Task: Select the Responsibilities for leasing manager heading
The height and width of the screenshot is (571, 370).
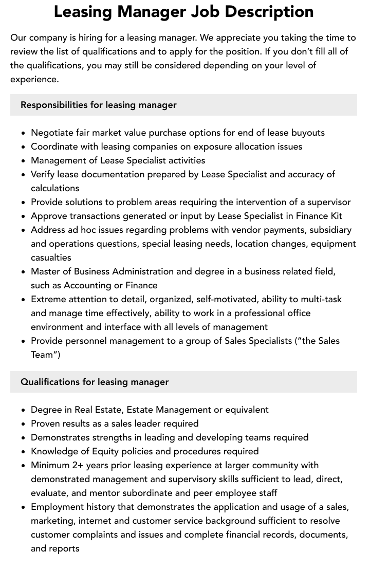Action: click(98, 105)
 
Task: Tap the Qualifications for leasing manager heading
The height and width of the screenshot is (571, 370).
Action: click(95, 382)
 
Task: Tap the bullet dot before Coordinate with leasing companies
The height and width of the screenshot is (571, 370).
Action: click(24, 147)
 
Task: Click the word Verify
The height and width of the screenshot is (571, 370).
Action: click(43, 174)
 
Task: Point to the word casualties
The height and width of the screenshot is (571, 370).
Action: click(51, 257)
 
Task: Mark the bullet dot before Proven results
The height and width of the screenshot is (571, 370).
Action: click(24, 424)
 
